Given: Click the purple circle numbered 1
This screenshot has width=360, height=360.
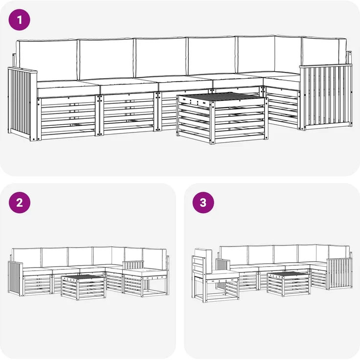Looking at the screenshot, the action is [x=19, y=20].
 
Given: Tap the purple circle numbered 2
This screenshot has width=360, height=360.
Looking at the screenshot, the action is [x=20, y=202].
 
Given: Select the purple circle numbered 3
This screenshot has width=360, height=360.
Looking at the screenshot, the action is [x=203, y=202].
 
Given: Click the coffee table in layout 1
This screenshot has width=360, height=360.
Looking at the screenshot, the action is [x=222, y=118].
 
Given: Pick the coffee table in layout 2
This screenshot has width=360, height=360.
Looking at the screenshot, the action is [x=83, y=287].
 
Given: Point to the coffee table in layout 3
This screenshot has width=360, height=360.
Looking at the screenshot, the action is [x=289, y=284].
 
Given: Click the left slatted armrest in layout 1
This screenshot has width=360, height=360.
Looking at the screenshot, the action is [x=22, y=103].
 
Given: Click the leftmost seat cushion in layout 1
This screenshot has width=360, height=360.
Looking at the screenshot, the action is [x=68, y=89].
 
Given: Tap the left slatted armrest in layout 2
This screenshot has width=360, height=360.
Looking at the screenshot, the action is [x=15, y=277].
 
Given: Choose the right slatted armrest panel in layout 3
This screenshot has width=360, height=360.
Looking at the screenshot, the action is [x=339, y=273].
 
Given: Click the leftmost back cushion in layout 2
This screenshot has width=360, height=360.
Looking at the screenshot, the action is [x=27, y=257].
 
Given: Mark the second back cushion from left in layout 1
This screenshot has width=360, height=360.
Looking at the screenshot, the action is [x=106, y=59].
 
